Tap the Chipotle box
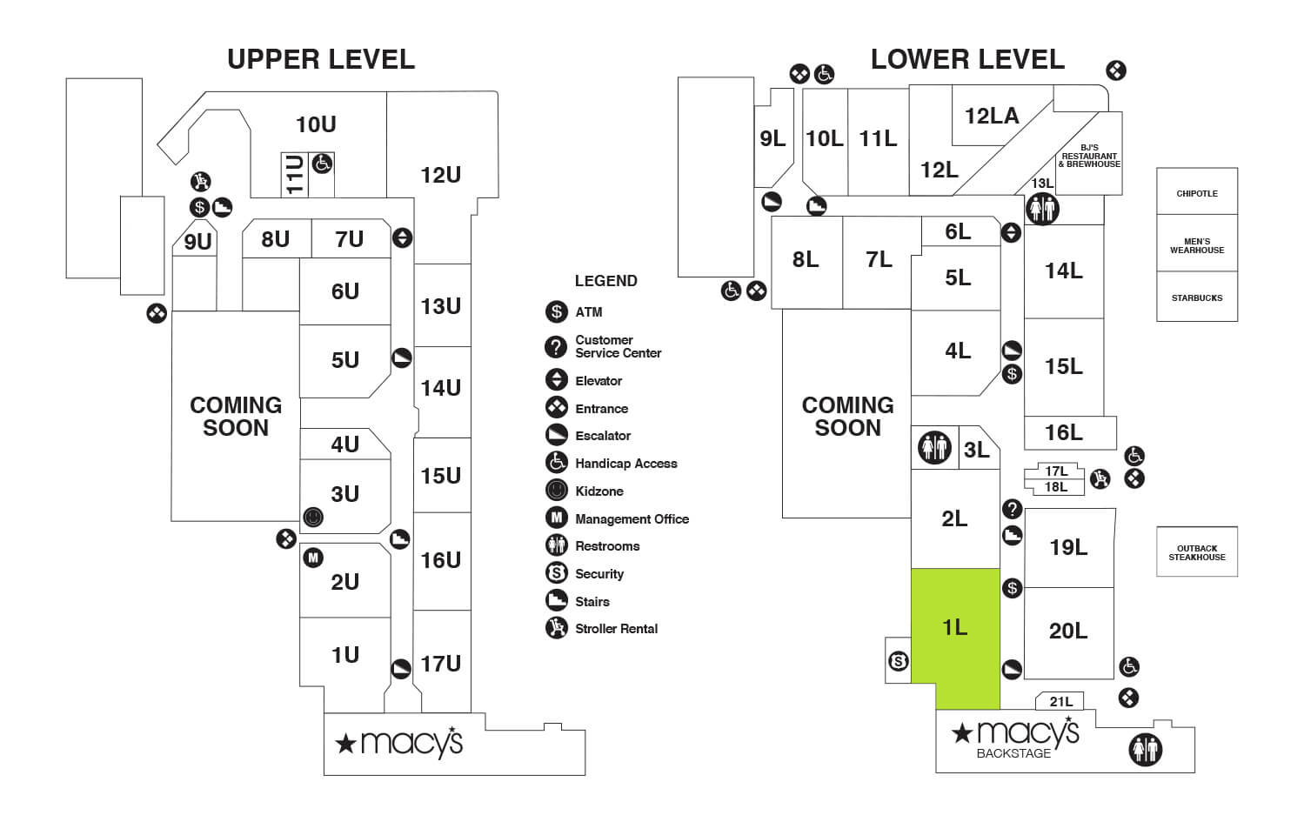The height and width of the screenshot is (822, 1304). (x=1196, y=193)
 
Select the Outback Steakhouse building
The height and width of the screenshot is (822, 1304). (x=1196, y=552)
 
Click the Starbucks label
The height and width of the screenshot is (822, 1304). (x=1196, y=297)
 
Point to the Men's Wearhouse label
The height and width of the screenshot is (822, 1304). (x=1196, y=245)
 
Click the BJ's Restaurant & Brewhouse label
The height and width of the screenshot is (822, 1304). (x=1088, y=156)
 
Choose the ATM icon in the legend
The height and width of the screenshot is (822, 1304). (x=557, y=311)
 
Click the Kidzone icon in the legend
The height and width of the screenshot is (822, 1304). (x=557, y=491)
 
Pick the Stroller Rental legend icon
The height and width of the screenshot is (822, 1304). (x=557, y=627)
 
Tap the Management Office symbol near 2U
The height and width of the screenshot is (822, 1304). (x=313, y=558)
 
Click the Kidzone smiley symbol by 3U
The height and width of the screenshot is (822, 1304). (x=313, y=518)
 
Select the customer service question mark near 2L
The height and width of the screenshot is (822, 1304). (x=1012, y=509)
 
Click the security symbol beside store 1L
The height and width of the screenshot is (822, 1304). (x=899, y=662)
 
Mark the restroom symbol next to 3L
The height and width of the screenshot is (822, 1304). (x=933, y=448)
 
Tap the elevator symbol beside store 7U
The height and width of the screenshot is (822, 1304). (x=402, y=237)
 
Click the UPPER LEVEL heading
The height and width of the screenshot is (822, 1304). (x=321, y=59)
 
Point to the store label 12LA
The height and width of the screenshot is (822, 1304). (x=991, y=116)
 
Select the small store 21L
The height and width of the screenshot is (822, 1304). (x=1060, y=701)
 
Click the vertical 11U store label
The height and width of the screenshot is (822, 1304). (x=295, y=174)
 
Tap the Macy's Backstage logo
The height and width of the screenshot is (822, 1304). (x=1016, y=738)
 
